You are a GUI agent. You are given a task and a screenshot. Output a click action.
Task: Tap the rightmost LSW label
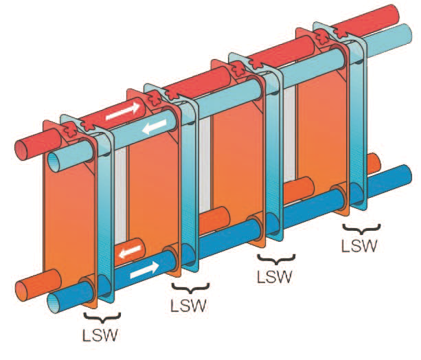point(359,245)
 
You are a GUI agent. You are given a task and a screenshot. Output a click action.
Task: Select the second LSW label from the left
point(188,306)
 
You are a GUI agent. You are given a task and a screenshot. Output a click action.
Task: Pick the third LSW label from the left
point(274,276)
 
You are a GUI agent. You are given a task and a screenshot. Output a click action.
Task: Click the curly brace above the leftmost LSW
point(102,317)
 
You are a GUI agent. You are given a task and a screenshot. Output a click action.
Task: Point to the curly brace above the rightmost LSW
point(362,228)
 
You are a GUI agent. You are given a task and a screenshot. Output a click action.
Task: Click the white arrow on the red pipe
point(122,111)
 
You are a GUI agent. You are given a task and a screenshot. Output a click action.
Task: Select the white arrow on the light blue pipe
point(155,126)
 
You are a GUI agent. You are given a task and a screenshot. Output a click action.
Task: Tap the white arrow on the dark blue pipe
point(144,271)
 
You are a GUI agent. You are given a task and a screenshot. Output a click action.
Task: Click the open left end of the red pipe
point(21,149)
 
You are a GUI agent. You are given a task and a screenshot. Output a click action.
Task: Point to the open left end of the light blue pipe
point(54,161)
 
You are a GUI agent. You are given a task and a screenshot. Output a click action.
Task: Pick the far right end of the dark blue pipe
point(405,175)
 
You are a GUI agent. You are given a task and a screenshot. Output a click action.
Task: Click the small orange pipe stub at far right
point(374,164)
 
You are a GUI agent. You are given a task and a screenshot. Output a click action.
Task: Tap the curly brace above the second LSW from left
point(191,288)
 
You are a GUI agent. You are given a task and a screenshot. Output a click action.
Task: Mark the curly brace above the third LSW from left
point(276,259)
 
